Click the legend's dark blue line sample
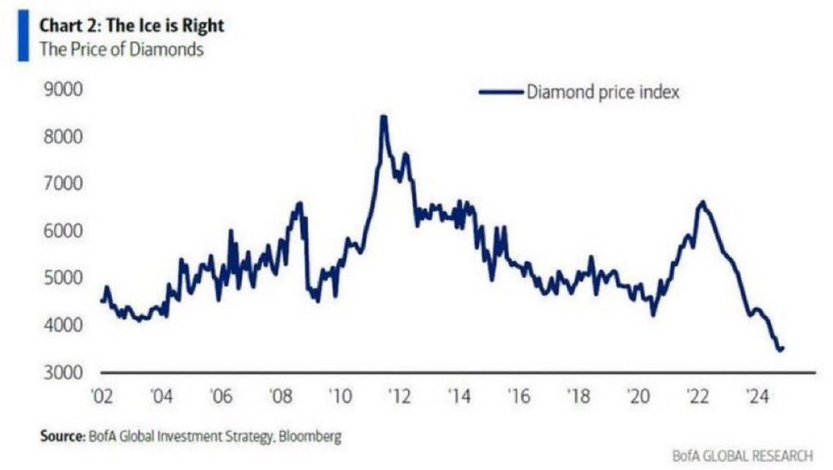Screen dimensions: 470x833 [x=501, y=92]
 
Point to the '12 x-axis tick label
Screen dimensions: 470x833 [x=398, y=396]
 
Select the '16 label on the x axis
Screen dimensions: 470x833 [x=516, y=396]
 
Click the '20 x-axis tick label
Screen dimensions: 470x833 [x=635, y=396]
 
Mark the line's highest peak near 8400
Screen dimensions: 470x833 [x=383, y=117]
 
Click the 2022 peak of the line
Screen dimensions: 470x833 [x=703, y=202]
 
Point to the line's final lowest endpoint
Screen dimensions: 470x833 [x=782, y=349]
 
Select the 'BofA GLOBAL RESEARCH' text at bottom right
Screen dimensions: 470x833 [x=742, y=456]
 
